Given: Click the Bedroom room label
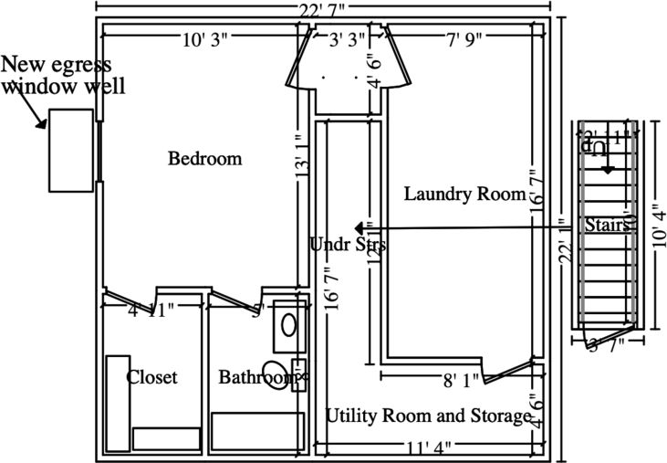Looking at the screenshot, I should point(205,159).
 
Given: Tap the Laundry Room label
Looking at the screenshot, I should point(464,194).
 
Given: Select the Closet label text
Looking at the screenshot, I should point(151,377).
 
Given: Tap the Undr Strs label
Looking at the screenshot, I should point(348,245).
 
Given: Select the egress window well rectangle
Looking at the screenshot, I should point(71,150).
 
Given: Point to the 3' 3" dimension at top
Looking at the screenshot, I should point(347,40).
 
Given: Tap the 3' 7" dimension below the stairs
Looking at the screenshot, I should point(604,345).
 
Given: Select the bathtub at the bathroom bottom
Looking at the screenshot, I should point(258,429).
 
